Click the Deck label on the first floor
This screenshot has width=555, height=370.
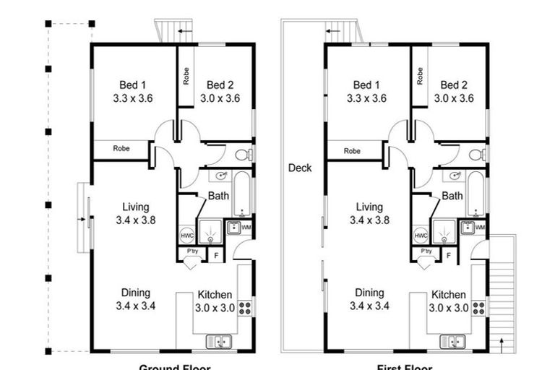pyautogui.click(x=300, y=168)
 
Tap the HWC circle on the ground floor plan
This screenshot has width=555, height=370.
pyautogui.click(x=186, y=236)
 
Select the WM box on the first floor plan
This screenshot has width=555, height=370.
pyautogui.click(x=480, y=228)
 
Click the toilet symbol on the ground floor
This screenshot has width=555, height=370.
pyautogui.click(x=249, y=154)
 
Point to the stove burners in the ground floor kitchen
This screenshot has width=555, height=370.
pyautogui.click(x=245, y=308)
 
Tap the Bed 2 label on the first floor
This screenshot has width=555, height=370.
pyautogui.click(x=454, y=85)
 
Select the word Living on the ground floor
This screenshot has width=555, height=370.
pyautogui.click(x=135, y=207)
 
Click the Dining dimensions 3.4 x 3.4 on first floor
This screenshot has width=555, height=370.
pyautogui.click(x=369, y=306)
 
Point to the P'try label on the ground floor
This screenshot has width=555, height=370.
pyautogui.click(x=193, y=251)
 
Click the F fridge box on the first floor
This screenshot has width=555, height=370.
pyautogui.click(x=449, y=255)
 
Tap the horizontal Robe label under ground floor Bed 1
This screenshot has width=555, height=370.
pyautogui.click(x=121, y=149)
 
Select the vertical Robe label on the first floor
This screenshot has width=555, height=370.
pyautogui.click(x=420, y=77)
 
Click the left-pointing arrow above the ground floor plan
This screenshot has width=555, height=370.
pyautogui.click(x=185, y=31)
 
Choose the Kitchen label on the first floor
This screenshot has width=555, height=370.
pyautogui.click(x=449, y=295)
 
